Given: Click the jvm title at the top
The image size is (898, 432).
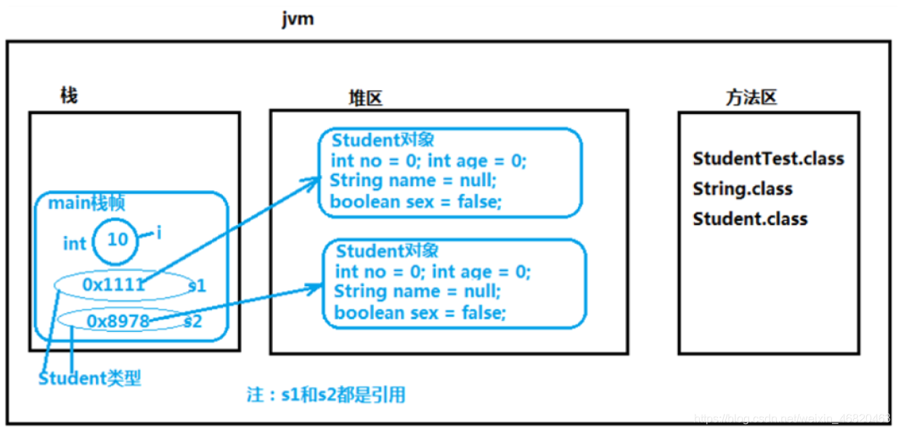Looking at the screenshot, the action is (298, 19).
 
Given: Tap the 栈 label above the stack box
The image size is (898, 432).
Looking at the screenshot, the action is (69, 95).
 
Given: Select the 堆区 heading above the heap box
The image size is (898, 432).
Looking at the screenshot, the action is (365, 99).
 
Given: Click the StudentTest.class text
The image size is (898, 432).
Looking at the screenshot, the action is (768, 158).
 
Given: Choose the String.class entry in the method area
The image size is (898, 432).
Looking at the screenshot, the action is (742, 189).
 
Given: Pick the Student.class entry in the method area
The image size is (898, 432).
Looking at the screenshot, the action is (750, 219).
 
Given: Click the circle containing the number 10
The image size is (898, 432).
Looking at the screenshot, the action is (116, 240).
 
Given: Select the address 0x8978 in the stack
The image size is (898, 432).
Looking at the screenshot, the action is (118, 320).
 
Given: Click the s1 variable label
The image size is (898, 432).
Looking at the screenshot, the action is (197, 285).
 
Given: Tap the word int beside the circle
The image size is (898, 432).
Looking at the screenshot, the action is (75, 243).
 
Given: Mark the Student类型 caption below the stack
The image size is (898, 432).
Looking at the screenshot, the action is (89, 378).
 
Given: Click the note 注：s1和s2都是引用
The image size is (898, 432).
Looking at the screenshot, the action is (325, 395).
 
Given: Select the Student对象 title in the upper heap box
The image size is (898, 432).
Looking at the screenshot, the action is (383, 139).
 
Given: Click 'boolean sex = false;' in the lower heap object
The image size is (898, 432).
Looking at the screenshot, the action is (420, 313).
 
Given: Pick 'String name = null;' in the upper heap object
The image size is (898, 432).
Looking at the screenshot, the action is (412, 180).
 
